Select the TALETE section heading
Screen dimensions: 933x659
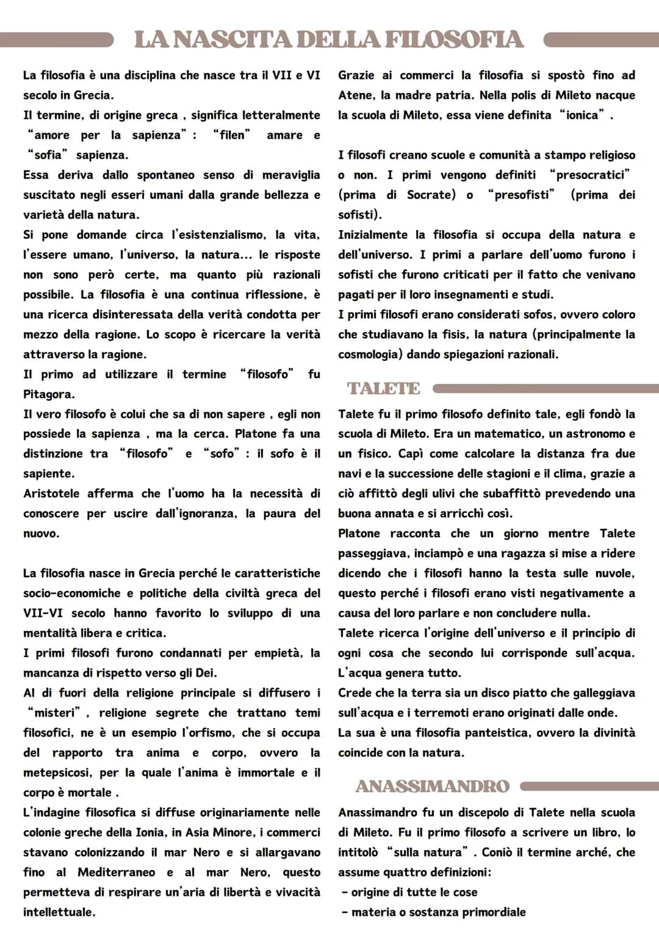click(x=384, y=389)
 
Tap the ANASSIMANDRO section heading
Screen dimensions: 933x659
click(x=432, y=786)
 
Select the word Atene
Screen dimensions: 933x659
click(x=356, y=95)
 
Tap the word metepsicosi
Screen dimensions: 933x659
click(x=56, y=773)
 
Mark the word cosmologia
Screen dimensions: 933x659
click(x=370, y=355)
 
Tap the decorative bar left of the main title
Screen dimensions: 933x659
click(x=59, y=40)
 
